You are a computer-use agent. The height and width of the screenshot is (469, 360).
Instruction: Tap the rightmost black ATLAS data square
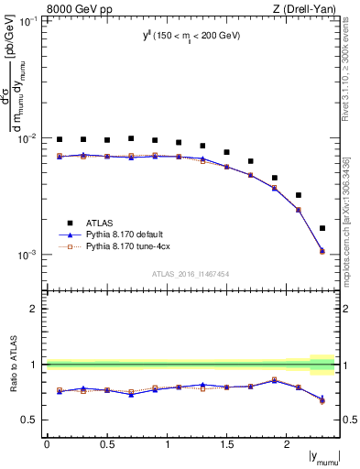(x=322, y=228)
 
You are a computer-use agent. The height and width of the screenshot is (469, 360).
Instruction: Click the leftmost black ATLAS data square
(x=60, y=139)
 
